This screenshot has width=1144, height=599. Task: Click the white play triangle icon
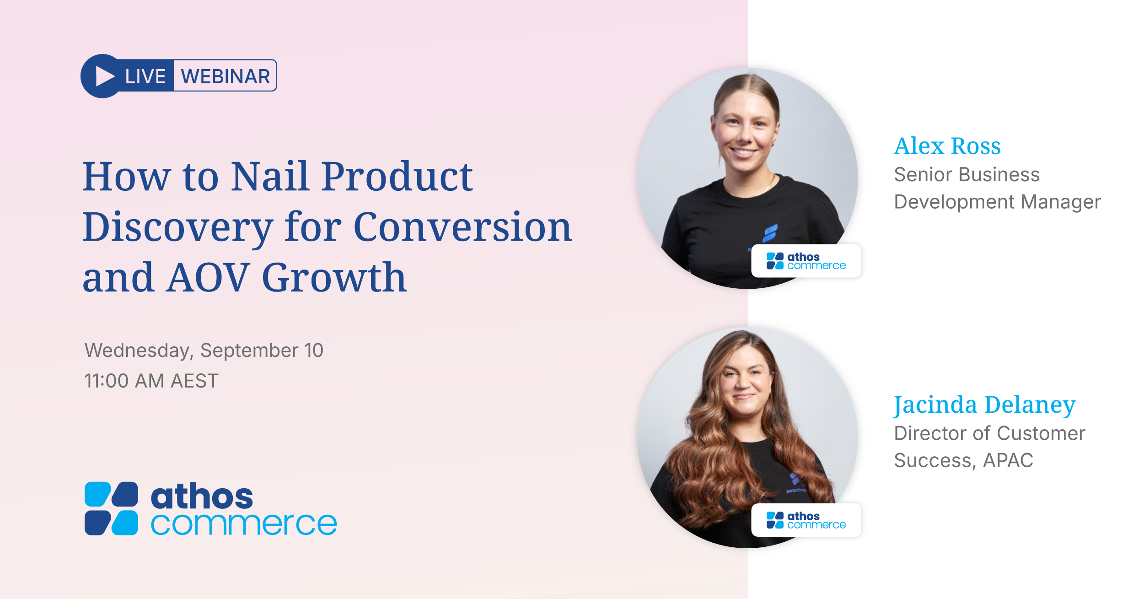pos(105,76)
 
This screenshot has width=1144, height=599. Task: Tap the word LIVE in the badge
pos(145,76)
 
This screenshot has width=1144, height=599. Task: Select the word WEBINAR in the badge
pos(226,76)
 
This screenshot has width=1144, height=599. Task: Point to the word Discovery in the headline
pos(177,227)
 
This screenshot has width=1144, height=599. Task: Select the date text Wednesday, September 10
pos(204,351)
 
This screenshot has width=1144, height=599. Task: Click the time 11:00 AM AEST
pos(151,381)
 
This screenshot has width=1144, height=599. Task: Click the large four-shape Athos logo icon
pos(111,508)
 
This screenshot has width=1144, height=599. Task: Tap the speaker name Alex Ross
pos(947,146)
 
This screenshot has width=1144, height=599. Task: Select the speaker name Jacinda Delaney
pos(985,405)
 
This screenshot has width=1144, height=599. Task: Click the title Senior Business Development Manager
pos(997,188)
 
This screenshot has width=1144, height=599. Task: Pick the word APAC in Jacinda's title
pos(1008,460)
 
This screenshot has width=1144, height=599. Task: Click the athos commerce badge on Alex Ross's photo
pos(806,261)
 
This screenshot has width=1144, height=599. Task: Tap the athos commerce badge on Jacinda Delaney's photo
pos(806,520)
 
